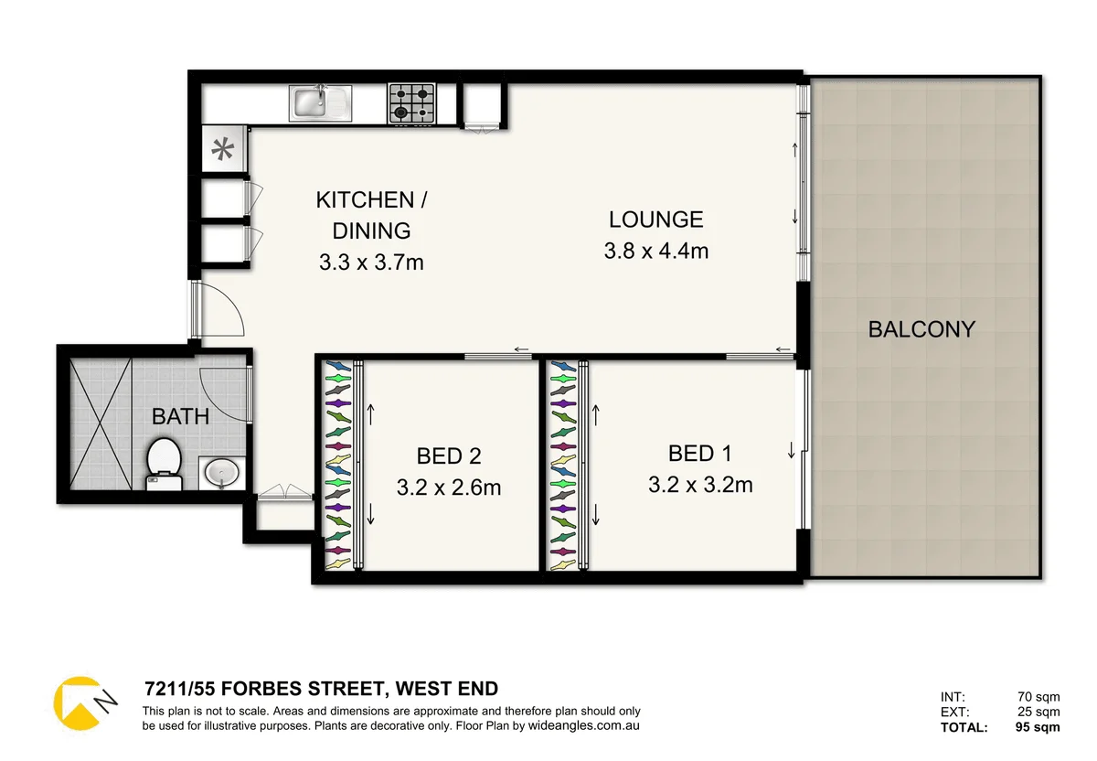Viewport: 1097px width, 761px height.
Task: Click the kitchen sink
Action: pyautogui.click(x=321, y=102)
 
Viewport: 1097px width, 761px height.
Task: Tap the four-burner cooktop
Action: pyautogui.click(x=411, y=102)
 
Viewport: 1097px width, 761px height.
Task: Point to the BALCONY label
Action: pyautogui.click(x=921, y=329)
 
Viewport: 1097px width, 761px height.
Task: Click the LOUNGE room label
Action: pyautogui.click(x=656, y=220)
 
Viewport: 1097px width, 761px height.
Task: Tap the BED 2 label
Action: pyautogui.click(x=449, y=456)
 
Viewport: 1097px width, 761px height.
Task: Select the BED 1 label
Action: pyautogui.click(x=700, y=453)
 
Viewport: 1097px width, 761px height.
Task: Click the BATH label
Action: pyautogui.click(x=180, y=417)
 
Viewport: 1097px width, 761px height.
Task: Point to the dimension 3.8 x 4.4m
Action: pyautogui.click(x=656, y=250)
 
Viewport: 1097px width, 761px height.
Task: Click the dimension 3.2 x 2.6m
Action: pyautogui.click(x=449, y=488)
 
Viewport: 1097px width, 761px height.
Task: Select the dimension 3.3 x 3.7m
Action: pyautogui.click(x=371, y=263)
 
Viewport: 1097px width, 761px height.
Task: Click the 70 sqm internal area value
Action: pyautogui.click(x=1039, y=696)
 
